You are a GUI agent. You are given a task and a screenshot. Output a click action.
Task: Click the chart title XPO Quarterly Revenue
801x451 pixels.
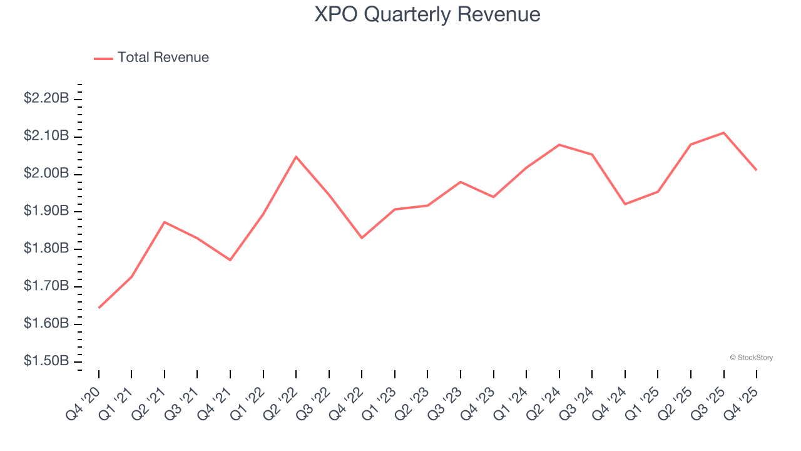pyautogui.click(x=427, y=14)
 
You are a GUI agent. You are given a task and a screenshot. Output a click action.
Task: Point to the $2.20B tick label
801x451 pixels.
pyautogui.click(x=46, y=98)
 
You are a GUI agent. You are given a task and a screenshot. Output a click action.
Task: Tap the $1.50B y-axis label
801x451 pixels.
pyautogui.click(x=46, y=361)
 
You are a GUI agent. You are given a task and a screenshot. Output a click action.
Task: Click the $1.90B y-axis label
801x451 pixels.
pyautogui.click(x=46, y=211)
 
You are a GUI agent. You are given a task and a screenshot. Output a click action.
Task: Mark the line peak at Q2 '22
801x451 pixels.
pyautogui.click(x=296, y=157)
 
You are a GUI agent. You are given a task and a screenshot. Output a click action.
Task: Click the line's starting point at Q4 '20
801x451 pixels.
pyautogui.click(x=99, y=308)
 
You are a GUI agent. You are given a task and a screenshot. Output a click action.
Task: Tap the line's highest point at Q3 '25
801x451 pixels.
pyautogui.click(x=723, y=133)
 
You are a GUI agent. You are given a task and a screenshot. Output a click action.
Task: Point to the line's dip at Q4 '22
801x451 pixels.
pyautogui.click(x=362, y=238)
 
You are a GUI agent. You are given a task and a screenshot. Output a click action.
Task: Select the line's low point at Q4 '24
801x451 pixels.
pyautogui.click(x=625, y=204)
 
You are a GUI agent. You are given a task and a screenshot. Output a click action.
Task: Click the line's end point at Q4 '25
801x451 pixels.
pyautogui.click(x=757, y=170)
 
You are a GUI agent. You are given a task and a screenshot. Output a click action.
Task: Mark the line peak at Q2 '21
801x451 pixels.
pyautogui.click(x=165, y=222)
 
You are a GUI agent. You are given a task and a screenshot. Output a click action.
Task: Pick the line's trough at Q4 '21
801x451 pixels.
pyautogui.click(x=230, y=260)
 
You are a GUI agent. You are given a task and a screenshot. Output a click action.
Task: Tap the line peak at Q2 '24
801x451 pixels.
pyautogui.click(x=559, y=145)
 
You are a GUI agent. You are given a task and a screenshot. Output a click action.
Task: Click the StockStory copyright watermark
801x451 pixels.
pyautogui.click(x=751, y=358)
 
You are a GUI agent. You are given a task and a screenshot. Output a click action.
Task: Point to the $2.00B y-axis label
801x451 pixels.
pyautogui.click(x=46, y=174)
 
